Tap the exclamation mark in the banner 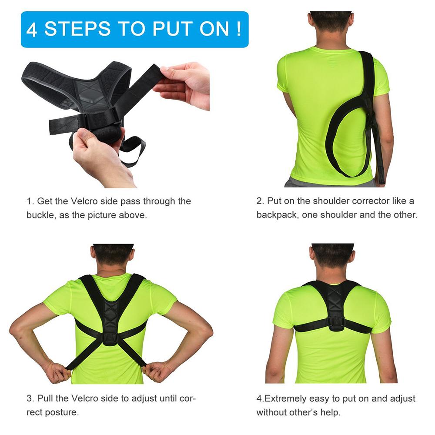239,29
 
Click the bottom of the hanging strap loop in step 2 348,174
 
